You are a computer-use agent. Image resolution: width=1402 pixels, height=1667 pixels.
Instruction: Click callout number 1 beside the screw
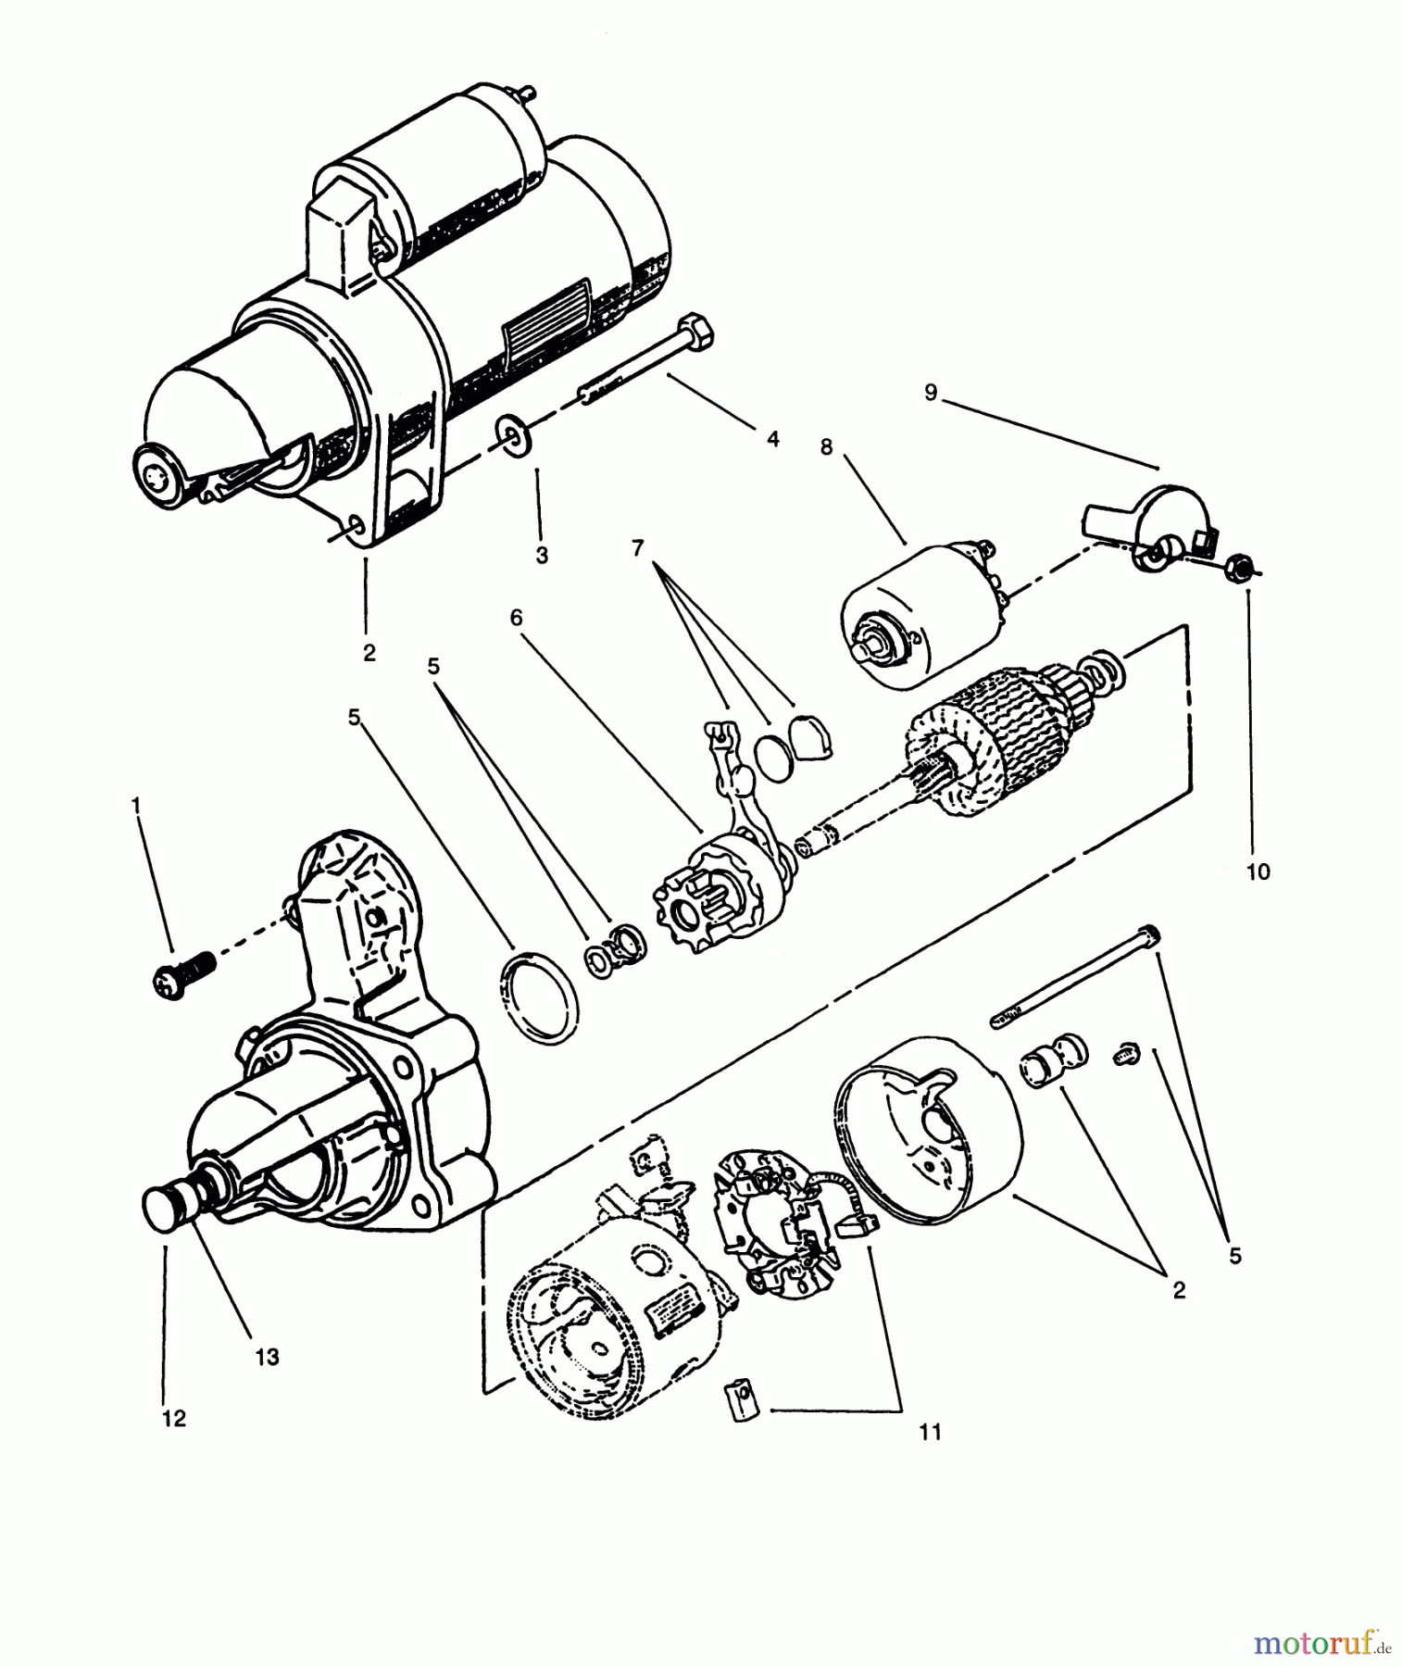click(137, 807)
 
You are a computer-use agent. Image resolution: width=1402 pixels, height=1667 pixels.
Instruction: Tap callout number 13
click(267, 1358)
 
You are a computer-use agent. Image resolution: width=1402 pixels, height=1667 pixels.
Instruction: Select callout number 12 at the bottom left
click(174, 1418)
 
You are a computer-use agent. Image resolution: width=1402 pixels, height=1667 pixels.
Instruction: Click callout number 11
click(930, 1432)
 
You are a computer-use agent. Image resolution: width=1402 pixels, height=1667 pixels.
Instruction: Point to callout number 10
click(1258, 871)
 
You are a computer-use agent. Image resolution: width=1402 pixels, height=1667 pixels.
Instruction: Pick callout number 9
click(931, 393)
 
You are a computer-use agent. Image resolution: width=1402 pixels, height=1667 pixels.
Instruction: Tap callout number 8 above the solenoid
click(826, 447)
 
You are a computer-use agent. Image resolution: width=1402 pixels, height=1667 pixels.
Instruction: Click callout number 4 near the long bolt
click(772, 438)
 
